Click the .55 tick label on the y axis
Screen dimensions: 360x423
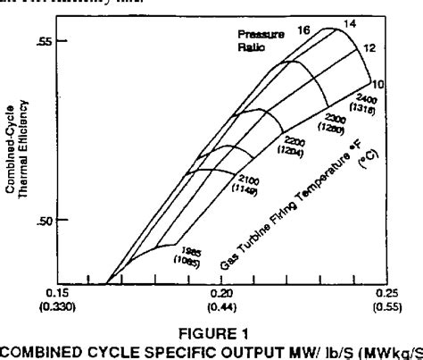point(69,42)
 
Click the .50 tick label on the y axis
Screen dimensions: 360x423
point(69,221)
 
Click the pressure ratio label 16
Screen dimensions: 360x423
point(303,30)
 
